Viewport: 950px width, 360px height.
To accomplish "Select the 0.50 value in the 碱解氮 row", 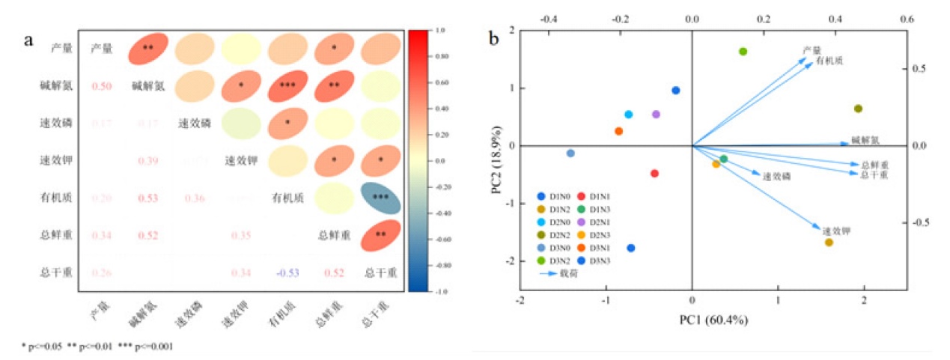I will pos(101,86).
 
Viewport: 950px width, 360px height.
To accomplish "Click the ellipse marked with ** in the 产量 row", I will pos(148,49).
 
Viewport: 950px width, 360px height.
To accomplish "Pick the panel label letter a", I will pos(29,41).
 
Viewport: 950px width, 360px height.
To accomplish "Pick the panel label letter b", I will pos(495,37).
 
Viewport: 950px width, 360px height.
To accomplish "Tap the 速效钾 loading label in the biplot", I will pos(836,231).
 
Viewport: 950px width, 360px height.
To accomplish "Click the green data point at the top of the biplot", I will pos(743,52).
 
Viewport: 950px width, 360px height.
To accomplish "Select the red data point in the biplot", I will pos(654,174).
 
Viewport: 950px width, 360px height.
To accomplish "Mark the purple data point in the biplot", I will pos(656,115).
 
